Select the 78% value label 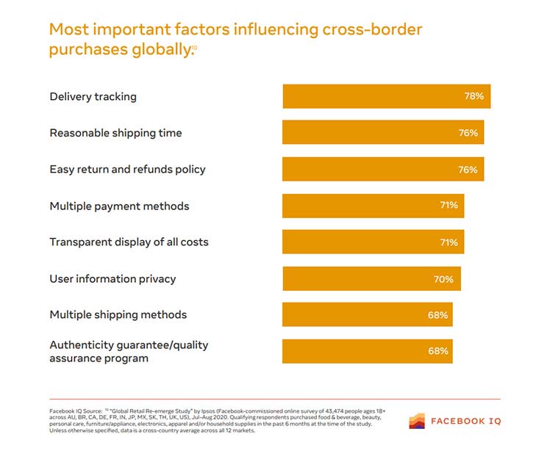click(x=474, y=96)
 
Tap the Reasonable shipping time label click(x=115, y=133)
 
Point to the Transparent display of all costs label click(x=129, y=242)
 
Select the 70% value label click(x=443, y=279)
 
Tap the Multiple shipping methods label click(x=118, y=314)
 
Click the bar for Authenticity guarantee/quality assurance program click(x=367, y=351)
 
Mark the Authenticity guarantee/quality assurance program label click(x=124, y=351)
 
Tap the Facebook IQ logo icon click(x=417, y=421)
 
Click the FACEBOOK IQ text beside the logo click(x=466, y=422)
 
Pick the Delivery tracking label click(x=93, y=96)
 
